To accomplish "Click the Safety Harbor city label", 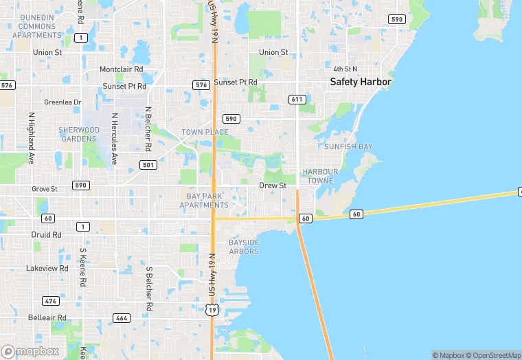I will [x=360, y=82].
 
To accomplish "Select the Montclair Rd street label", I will [x=121, y=69].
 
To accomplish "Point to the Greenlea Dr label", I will [x=63, y=102].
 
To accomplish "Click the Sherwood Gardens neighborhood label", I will [x=79, y=134].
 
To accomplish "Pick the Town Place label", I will [x=205, y=132].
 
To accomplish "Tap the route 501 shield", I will [x=148, y=165].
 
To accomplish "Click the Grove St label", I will [x=45, y=188].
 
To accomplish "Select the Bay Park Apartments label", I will [x=203, y=201].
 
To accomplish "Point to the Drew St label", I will [x=273, y=185].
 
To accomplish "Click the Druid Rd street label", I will [x=47, y=234].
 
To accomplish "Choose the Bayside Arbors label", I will [x=244, y=247].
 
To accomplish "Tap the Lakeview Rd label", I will [x=47, y=268].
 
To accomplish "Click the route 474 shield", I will [x=50, y=301].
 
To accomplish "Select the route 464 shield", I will [x=122, y=318].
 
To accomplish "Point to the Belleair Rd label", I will [x=47, y=318].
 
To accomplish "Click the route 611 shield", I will [x=297, y=100].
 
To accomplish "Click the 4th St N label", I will [x=346, y=69].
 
